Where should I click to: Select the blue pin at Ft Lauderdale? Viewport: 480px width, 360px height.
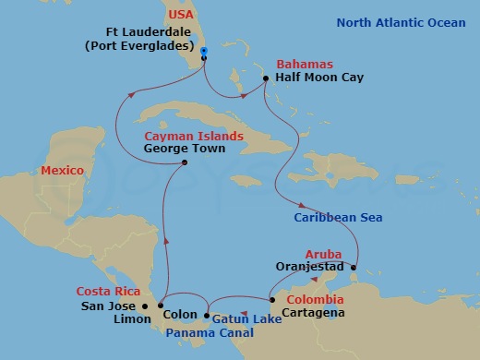(203, 52)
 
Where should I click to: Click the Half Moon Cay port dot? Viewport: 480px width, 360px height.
(266, 78)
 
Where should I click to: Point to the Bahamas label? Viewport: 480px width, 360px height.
(301, 63)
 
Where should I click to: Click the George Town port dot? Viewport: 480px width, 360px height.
(186, 163)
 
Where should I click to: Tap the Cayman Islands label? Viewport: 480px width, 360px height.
(194, 136)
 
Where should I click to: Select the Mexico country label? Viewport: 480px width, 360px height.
(62, 171)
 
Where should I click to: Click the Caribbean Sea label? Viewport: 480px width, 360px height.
(333, 218)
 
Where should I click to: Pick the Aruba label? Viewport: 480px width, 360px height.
(323, 253)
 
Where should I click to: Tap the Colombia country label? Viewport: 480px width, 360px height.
(316, 300)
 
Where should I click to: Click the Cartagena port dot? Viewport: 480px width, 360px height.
(270, 299)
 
